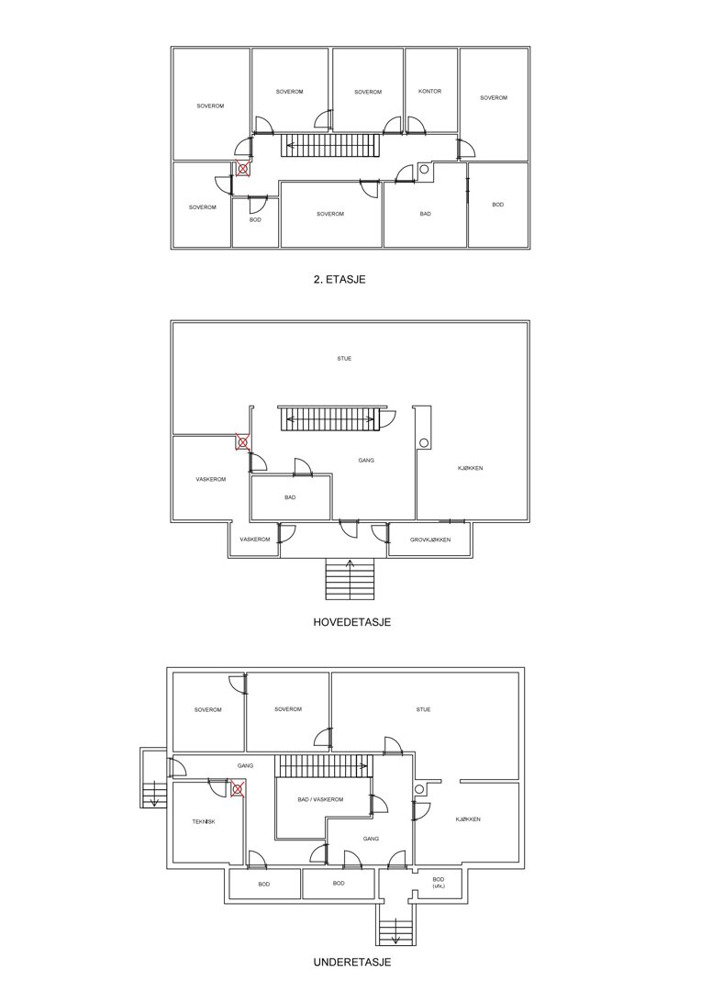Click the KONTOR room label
(429, 91)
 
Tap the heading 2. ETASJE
(339, 279)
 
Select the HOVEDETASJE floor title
(352, 622)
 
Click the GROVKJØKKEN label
(429, 540)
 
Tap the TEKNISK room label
(204, 821)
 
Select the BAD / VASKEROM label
(320, 799)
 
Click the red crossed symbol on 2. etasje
(243, 170)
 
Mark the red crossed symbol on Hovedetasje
(242, 441)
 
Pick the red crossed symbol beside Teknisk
(237, 789)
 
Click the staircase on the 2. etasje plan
(329, 145)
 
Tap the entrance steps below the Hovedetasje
(350, 580)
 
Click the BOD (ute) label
(439, 883)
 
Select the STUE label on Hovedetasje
(344, 359)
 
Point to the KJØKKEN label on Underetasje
(468, 819)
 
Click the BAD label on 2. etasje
(426, 214)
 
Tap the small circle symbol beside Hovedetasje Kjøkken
(424, 442)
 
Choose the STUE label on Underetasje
(424, 709)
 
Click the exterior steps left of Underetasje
(153, 779)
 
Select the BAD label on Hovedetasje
(290, 497)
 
